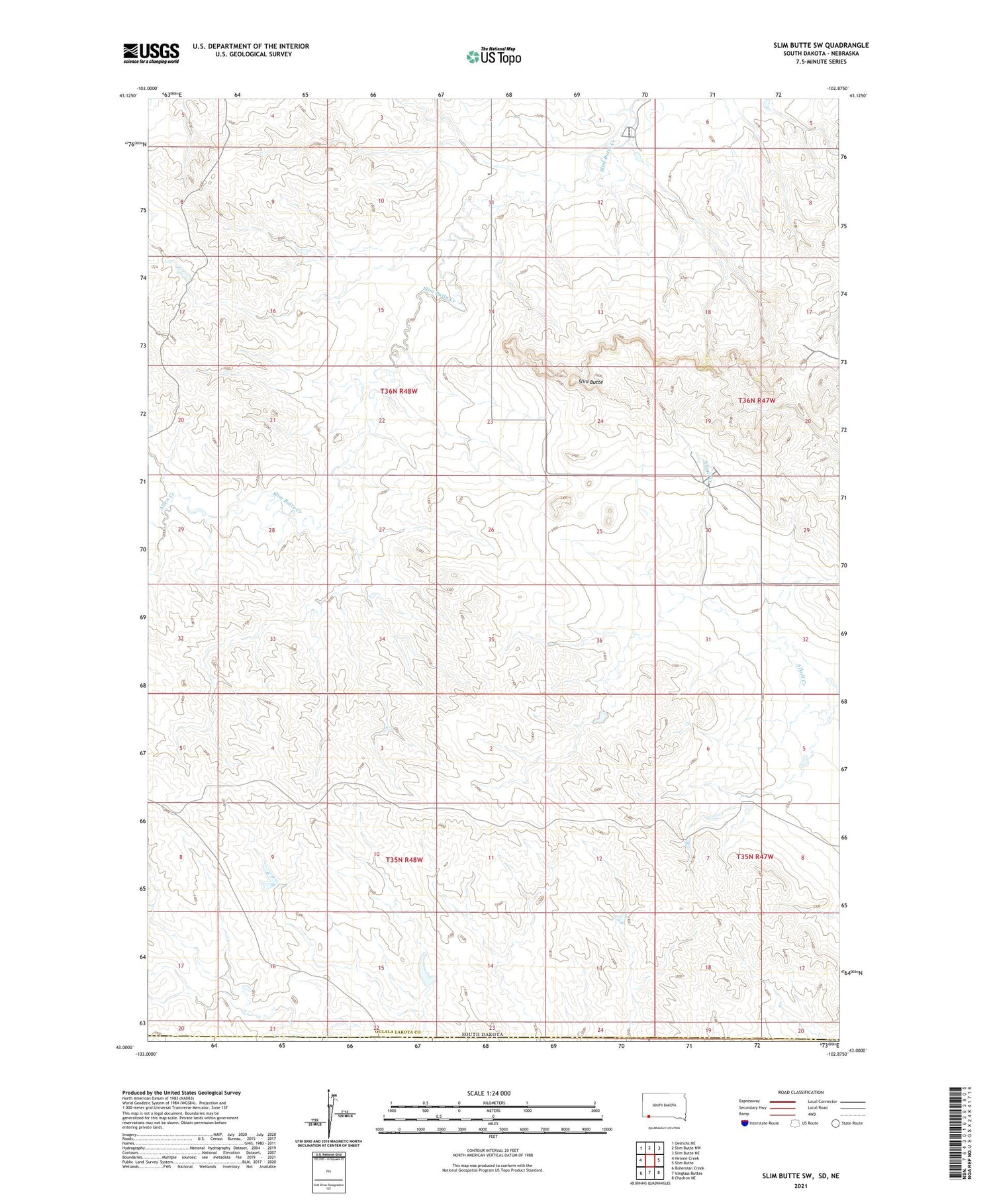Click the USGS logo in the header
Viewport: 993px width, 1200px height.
[151, 53]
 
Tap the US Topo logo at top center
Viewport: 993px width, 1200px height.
[493, 56]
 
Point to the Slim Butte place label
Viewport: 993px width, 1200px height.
[591, 382]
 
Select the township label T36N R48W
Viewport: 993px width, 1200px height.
[399, 391]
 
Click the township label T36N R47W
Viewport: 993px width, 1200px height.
[757, 400]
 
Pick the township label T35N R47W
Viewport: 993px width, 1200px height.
[755, 856]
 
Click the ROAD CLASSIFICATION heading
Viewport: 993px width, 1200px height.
[801, 1093]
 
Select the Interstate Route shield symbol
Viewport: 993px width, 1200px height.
[745, 1123]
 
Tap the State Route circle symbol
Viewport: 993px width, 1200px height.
[835, 1123]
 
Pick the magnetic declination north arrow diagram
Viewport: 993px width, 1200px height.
[328, 1113]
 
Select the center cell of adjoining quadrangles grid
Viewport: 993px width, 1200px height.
[649, 1160]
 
